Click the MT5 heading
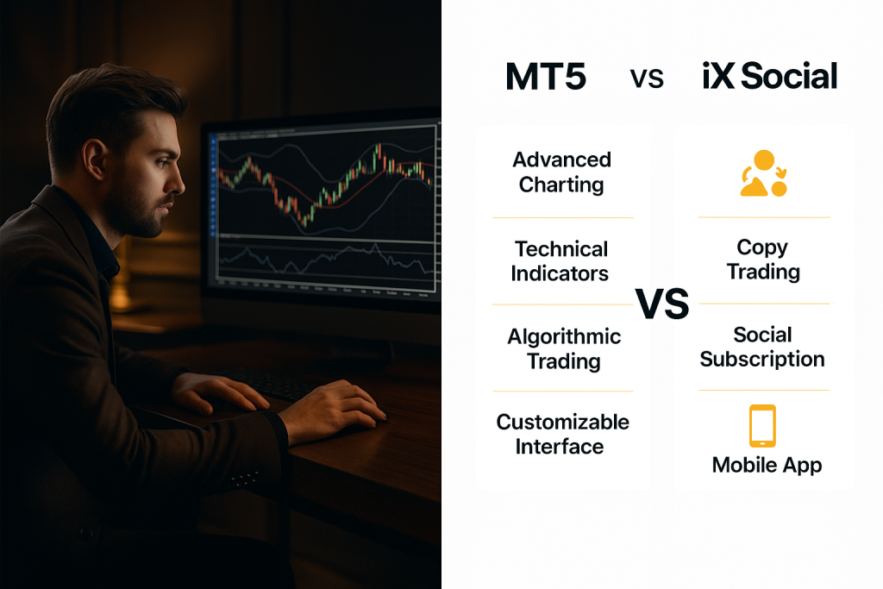tap(546, 76)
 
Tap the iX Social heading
tap(770, 76)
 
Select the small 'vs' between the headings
tap(647, 78)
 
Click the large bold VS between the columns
tap(662, 304)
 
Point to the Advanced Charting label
tap(561, 172)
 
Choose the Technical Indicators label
tap(560, 260)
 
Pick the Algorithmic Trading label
tap(564, 349)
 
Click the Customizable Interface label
tap(562, 434)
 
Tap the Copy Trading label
tap(763, 259)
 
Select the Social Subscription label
tap(762, 347)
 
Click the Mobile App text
tap(767, 465)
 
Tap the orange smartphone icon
tap(762, 425)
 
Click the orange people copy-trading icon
tap(764, 173)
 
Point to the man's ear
tap(95, 160)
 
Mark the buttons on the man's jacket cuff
tap(244, 479)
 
